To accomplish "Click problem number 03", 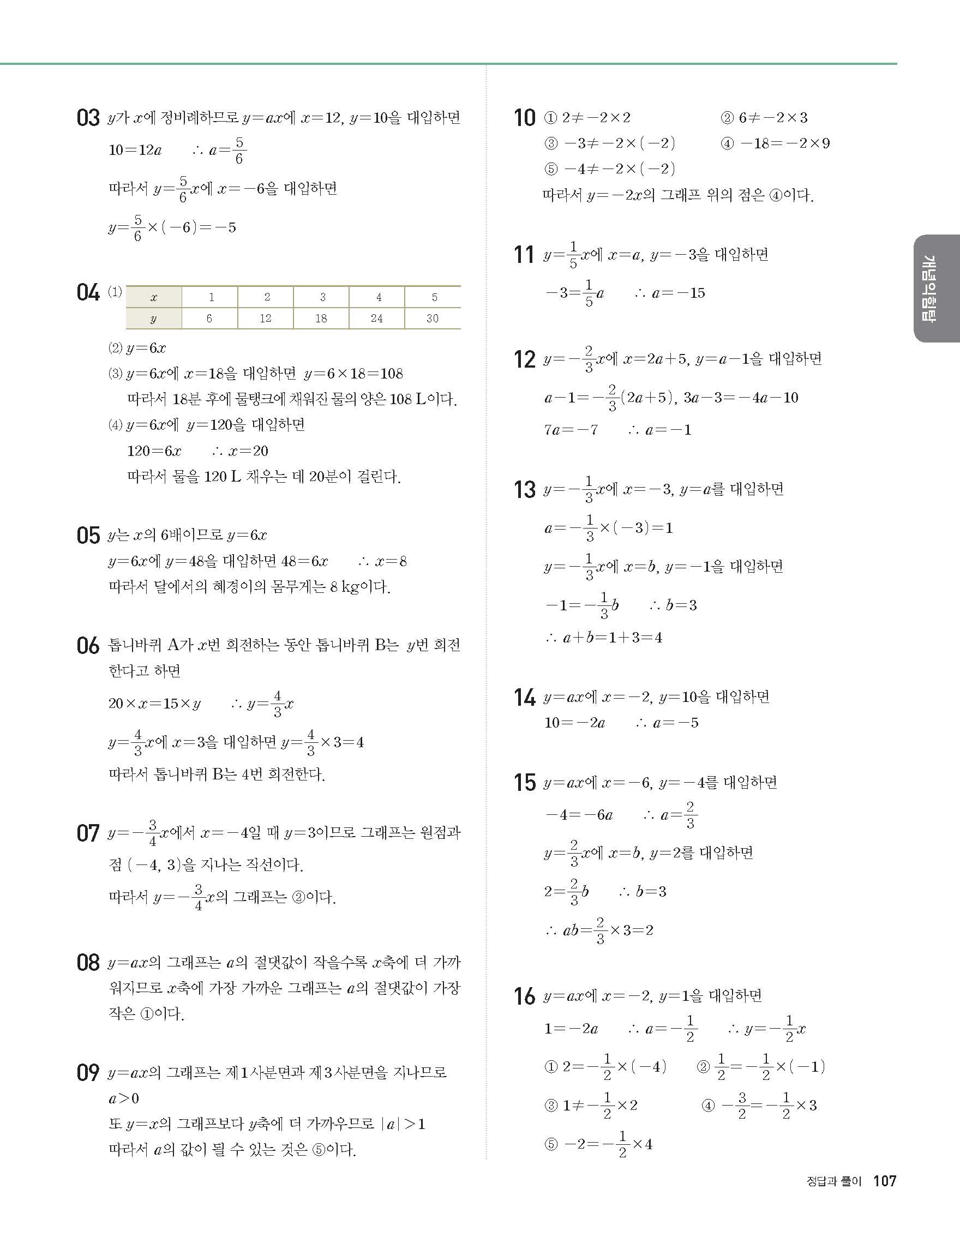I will coord(88,118).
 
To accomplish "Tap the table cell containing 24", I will coord(377,319).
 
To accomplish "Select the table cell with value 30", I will coord(433,319).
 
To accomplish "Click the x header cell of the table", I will coord(154,297).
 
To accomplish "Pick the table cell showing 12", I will coord(266,319).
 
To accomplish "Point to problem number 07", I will coord(88,833).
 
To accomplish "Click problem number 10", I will coord(525,118).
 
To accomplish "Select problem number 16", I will coord(525,996).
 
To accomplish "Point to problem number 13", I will coord(525,489).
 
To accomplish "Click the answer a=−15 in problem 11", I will coord(679,293).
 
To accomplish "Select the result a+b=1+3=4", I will coord(612,638).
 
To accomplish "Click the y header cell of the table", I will coord(154,319).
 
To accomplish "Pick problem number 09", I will coord(88,1073).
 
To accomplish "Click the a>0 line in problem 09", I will coord(124,1098).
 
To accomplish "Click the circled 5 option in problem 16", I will coord(551,1144).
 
